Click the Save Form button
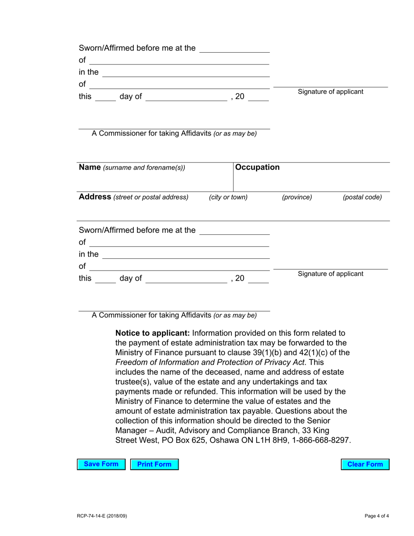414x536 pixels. (x=101, y=465)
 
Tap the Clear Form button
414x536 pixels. (x=365, y=465)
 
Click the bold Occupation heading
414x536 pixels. (x=257, y=167)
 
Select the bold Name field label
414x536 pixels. (x=90, y=167)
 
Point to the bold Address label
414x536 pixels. (x=95, y=197)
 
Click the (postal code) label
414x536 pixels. (x=362, y=197)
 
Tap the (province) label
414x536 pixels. (x=297, y=197)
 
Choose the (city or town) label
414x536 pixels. (x=228, y=197)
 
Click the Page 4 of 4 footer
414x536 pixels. (x=377, y=516)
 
